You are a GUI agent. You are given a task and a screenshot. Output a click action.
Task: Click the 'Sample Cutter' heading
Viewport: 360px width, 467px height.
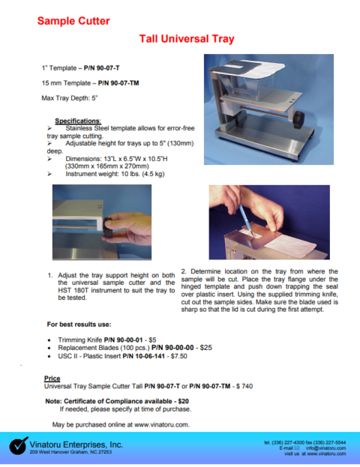(x=73, y=19)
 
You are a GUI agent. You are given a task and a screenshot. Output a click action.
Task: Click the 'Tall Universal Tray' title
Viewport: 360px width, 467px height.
(x=187, y=38)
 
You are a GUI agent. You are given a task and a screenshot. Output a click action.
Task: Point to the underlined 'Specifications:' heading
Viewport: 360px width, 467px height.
(x=78, y=120)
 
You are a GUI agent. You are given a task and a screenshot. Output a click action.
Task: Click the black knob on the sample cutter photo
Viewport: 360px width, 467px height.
(x=300, y=119)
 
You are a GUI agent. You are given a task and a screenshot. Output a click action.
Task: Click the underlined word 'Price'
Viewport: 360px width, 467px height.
(x=53, y=379)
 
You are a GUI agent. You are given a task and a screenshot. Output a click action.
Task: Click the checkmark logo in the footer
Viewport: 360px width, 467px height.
(x=19, y=446)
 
